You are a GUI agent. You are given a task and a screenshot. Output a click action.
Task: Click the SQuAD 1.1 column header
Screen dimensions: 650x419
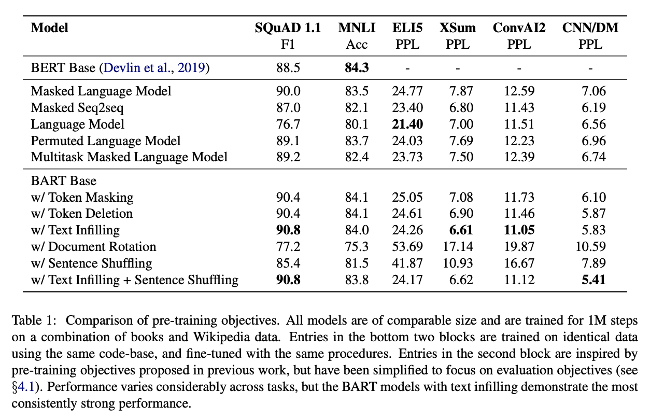[x=288, y=28]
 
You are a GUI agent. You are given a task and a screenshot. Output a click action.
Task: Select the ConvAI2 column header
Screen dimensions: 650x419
[x=519, y=28]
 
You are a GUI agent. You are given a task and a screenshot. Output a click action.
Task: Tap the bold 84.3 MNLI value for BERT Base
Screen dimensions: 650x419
[x=357, y=67]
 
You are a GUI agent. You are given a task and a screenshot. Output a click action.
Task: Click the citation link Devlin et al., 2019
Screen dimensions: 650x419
[x=154, y=67]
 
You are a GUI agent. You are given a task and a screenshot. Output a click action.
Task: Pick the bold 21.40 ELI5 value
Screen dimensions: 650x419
[x=407, y=124]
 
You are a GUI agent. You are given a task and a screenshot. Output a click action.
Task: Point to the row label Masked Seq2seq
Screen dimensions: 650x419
[x=77, y=108]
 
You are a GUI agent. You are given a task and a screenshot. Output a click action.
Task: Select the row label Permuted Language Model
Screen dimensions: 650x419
[x=106, y=141]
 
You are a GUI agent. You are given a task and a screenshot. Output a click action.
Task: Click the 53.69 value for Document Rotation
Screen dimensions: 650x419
[x=407, y=246]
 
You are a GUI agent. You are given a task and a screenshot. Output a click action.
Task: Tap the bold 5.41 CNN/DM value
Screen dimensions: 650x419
[x=594, y=280]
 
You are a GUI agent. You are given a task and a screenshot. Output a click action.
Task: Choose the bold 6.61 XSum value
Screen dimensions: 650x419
[x=461, y=230]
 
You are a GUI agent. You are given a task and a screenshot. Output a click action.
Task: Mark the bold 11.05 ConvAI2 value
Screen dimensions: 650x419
[x=519, y=230]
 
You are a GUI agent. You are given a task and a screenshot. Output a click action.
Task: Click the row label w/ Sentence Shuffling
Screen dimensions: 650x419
[x=91, y=263]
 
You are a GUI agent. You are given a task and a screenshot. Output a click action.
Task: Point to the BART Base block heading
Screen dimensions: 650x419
[x=64, y=180]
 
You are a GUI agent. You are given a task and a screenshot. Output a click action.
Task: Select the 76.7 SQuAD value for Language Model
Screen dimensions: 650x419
[x=288, y=124]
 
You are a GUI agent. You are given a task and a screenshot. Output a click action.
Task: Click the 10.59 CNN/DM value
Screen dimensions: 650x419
[x=590, y=246]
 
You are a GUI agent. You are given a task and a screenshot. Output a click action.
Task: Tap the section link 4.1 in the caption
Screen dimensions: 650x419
[x=26, y=387]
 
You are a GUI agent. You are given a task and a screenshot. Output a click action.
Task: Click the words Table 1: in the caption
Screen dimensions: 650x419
[x=33, y=320]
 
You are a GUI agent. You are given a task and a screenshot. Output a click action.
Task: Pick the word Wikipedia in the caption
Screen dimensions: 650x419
[x=221, y=337]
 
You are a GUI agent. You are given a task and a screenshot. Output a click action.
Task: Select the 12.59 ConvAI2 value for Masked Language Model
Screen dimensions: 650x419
[x=519, y=91]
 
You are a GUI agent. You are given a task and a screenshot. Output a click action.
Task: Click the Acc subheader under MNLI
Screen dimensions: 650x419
[x=357, y=45]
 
